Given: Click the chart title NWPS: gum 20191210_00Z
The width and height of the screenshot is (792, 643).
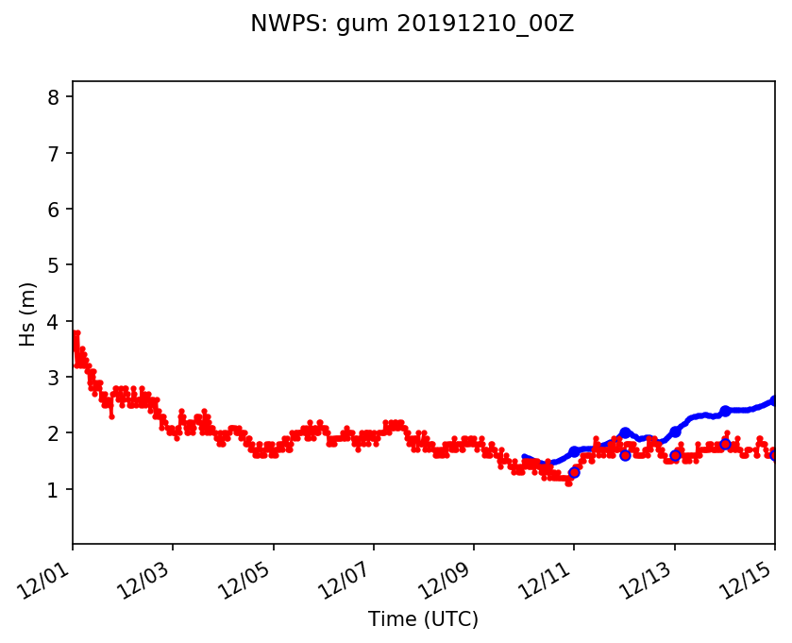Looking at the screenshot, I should point(412,25).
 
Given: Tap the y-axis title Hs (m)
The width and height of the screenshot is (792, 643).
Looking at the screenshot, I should point(28,313).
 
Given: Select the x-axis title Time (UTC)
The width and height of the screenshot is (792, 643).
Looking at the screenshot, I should point(423,619).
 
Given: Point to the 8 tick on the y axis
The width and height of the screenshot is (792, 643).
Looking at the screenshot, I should point(54,97).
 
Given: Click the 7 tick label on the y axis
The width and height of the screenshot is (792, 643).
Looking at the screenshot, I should point(54,153).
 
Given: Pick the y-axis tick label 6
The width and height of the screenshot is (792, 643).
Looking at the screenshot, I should point(54,209).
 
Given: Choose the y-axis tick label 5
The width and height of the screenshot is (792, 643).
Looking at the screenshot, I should point(54,265).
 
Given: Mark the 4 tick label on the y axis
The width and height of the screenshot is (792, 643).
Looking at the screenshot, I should point(54,321).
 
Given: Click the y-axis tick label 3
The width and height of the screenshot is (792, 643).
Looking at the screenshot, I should point(54,377).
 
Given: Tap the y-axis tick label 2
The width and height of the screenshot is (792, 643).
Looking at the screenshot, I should point(54,433).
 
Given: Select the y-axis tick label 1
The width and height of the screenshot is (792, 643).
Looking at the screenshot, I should point(54,489).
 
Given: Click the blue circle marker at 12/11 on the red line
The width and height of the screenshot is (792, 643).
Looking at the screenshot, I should point(574,472).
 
